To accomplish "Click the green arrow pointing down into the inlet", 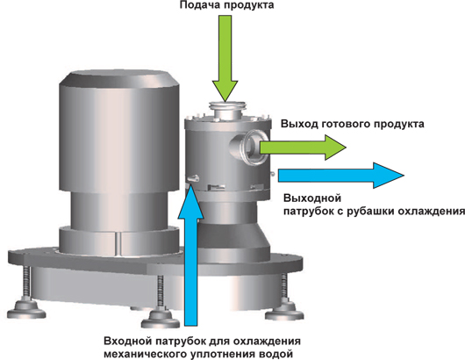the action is [225, 58].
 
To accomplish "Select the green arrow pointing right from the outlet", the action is [303, 148].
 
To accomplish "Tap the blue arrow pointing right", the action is [341, 175].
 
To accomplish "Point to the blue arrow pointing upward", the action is [190, 256].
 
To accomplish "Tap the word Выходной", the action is [312, 198].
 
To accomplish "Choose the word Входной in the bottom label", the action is [129, 341].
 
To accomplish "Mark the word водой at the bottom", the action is [275, 354].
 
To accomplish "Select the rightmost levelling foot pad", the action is [284, 312].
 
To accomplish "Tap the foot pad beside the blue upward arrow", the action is [161, 320].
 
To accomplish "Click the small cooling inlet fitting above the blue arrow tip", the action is [193, 178].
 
